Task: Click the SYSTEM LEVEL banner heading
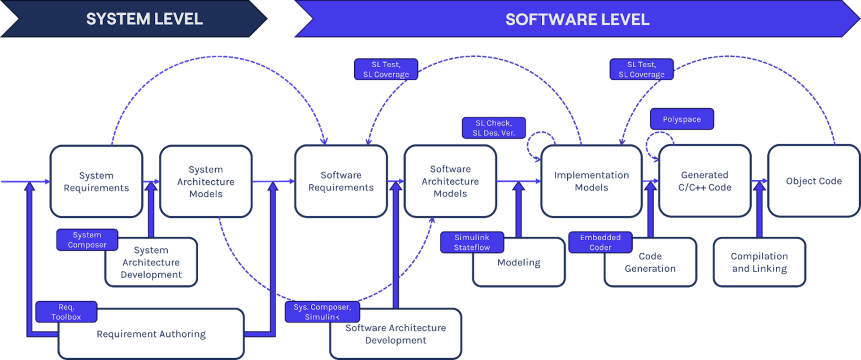[144, 19]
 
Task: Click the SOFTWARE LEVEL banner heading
[577, 19]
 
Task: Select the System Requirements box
[96, 182]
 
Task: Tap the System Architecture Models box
[205, 182]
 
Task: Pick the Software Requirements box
[341, 182]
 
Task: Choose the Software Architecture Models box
[450, 182]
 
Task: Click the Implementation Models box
[591, 182]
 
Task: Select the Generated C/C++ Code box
[704, 182]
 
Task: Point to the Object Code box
[813, 182]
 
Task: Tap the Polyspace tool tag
[682, 119]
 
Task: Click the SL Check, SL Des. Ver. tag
[493, 128]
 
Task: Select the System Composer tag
[87, 240]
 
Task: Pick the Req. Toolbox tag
[66, 312]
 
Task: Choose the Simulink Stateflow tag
[472, 243]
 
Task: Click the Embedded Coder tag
[600, 243]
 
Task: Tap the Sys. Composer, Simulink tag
[322, 312]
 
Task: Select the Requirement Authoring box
[151, 334]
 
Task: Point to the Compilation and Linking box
[759, 263]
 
